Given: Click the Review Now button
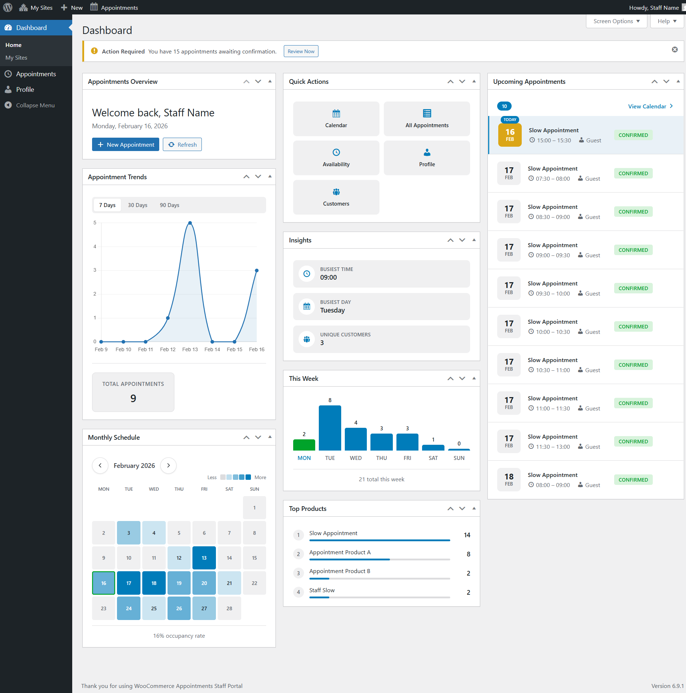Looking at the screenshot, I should (x=301, y=51).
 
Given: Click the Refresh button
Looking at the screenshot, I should (x=182, y=145).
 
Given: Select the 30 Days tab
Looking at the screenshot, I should (x=138, y=205).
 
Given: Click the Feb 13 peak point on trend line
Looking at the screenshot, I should (x=190, y=223).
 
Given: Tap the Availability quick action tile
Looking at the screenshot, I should (x=336, y=158).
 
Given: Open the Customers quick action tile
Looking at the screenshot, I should (x=336, y=197).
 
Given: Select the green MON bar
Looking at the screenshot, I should (x=304, y=445).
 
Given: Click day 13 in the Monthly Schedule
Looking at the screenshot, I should (x=204, y=558).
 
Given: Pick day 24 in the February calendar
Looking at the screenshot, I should (x=129, y=608).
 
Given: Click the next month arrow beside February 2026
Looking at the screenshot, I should (x=168, y=465).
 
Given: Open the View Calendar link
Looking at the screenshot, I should (x=650, y=106).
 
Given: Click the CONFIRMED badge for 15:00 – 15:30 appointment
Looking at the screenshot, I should (x=633, y=135).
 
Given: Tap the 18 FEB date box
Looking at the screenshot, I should (x=509, y=479).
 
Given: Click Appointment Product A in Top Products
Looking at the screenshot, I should (x=340, y=552).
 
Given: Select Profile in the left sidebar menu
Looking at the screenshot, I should (x=25, y=90).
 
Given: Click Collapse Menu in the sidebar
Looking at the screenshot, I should (x=35, y=105).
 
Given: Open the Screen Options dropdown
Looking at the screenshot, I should (x=616, y=21).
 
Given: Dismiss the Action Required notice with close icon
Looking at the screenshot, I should (x=674, y=49).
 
